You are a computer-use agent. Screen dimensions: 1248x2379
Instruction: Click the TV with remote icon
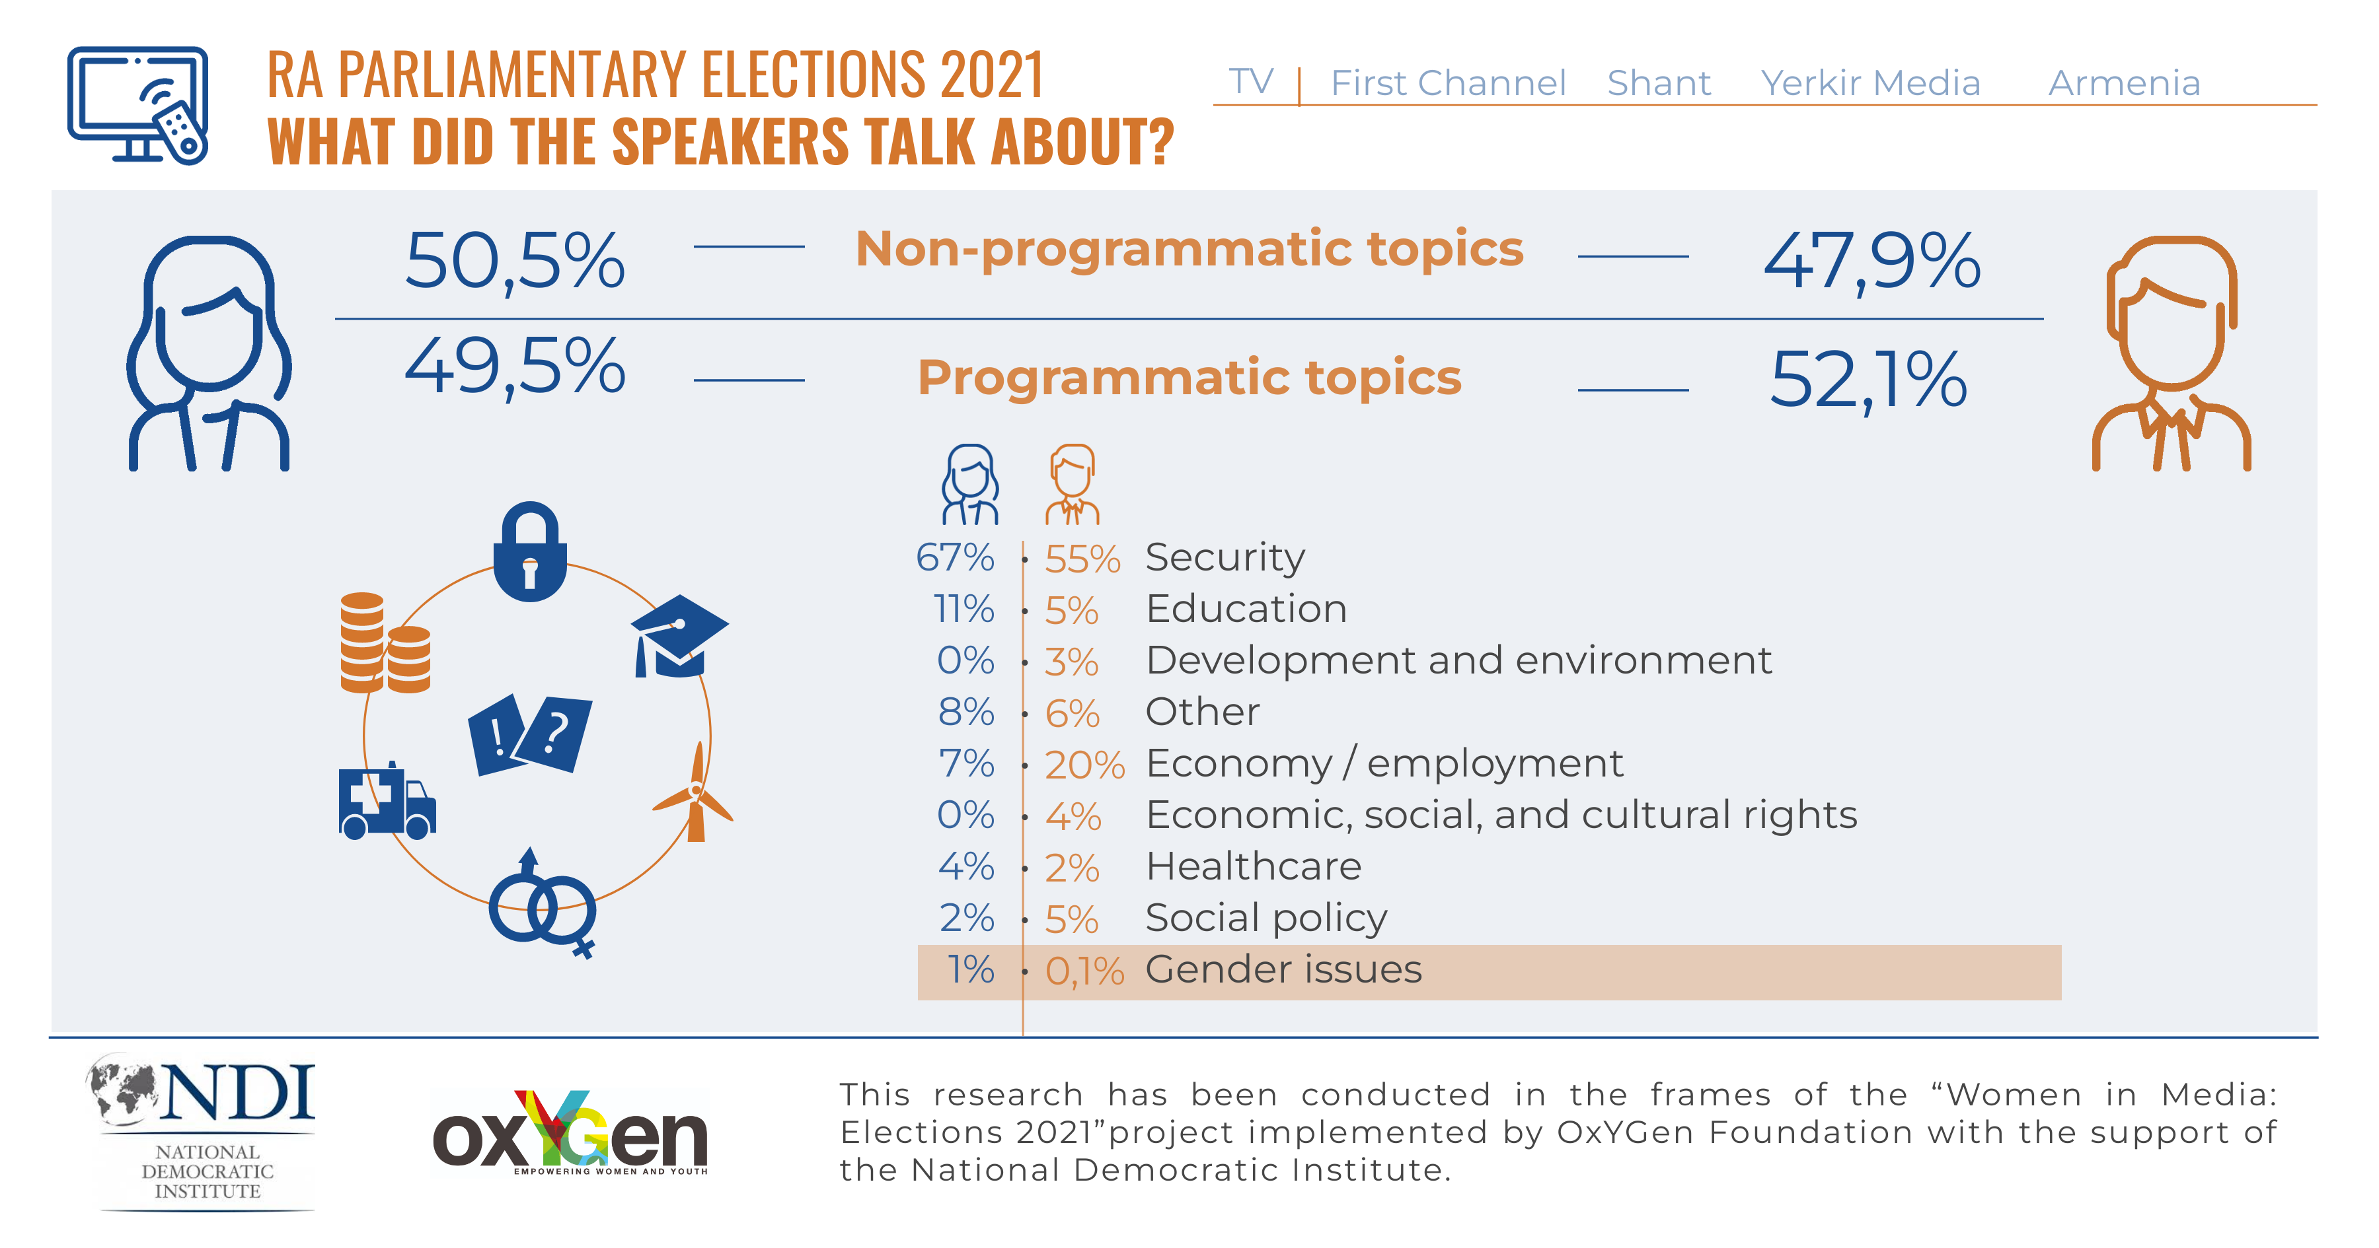[x=139, y=105]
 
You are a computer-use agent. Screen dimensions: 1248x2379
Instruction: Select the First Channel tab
[x=1447, y=83]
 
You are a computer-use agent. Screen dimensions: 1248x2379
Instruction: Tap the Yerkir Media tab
[x=1870, y=83]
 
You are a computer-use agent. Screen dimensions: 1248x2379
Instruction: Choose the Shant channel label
[x=1659, y=83]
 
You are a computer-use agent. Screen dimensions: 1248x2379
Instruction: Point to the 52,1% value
[x=1868, y=380]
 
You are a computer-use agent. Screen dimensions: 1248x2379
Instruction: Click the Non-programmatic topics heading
[x=1189, y=249]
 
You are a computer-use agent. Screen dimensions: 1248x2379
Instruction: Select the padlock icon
[x=529, y=552]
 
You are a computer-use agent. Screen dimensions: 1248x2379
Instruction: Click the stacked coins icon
[x=384, y=643]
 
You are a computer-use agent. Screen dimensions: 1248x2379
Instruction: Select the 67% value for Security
[x=955, y=557]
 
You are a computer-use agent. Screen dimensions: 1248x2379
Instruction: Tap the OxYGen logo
[x=570, y=1134]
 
